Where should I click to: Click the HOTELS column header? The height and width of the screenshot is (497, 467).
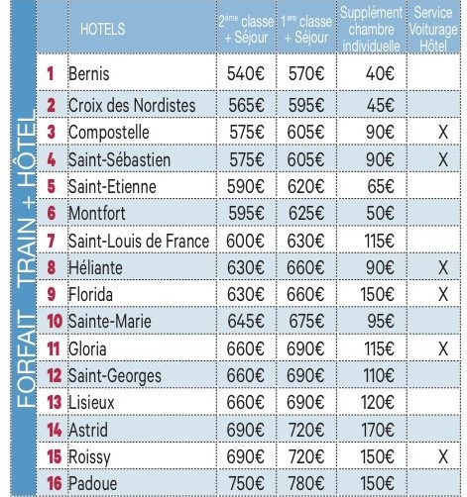[x=102, y=29]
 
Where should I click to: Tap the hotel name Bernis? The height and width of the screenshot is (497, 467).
[x=88, y=73]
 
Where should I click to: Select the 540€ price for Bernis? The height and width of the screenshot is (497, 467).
[x=246, y=73]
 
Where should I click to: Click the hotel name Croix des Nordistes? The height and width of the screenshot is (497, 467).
[x=132, y=106]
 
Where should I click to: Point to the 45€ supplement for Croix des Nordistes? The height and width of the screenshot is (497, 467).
[x=380, y=106]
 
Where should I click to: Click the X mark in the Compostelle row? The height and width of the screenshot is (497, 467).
[x=443, y=133]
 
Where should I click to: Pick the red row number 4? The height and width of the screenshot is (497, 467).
[x=52, y=159]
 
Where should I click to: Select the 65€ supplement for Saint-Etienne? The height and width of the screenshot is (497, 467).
[x=381, y=186]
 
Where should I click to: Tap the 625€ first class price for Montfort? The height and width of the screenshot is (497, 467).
[x=306, y=214]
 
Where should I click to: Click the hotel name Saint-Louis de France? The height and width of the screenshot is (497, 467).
[x=139, y=241]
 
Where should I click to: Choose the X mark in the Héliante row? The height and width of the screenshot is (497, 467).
[x=443, y=267]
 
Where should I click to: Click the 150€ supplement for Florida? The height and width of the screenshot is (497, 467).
[x=377, y=294]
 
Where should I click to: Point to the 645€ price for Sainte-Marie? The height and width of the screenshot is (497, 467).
[x=246, y=321]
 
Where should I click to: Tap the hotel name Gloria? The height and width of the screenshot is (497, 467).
[x=87, y=348]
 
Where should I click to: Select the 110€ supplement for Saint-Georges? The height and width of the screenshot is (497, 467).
[x=379, y=375]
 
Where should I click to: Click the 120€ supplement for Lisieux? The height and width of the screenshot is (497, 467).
[x=378, y=403]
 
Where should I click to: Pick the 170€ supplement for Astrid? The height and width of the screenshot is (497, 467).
[x=378, y=430]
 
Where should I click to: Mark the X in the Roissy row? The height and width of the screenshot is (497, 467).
[x=443, y=457]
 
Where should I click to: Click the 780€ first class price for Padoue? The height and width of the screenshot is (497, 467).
[x=306, y=484]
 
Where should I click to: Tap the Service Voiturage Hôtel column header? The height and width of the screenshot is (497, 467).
[x=433, y=30]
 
